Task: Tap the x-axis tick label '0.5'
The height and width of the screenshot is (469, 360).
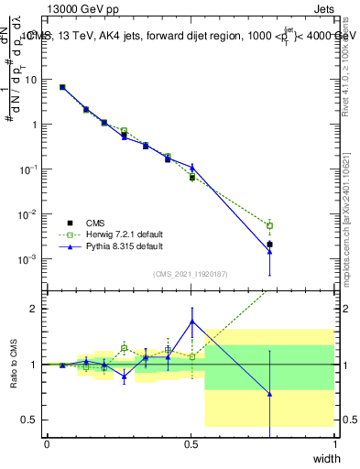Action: pos(191,443)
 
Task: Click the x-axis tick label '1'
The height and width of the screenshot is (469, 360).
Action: pos(334,443)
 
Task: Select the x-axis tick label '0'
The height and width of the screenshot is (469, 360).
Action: pos(47,443)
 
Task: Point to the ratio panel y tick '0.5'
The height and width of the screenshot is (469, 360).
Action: pos(29,420)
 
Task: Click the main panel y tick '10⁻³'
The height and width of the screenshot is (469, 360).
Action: pos(27,259)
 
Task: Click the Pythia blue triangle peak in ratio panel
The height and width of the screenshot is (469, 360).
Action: pos(192,322)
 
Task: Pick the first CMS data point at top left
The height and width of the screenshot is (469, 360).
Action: pos(62,87)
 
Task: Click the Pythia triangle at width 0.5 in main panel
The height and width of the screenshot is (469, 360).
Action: pos(192,168)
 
